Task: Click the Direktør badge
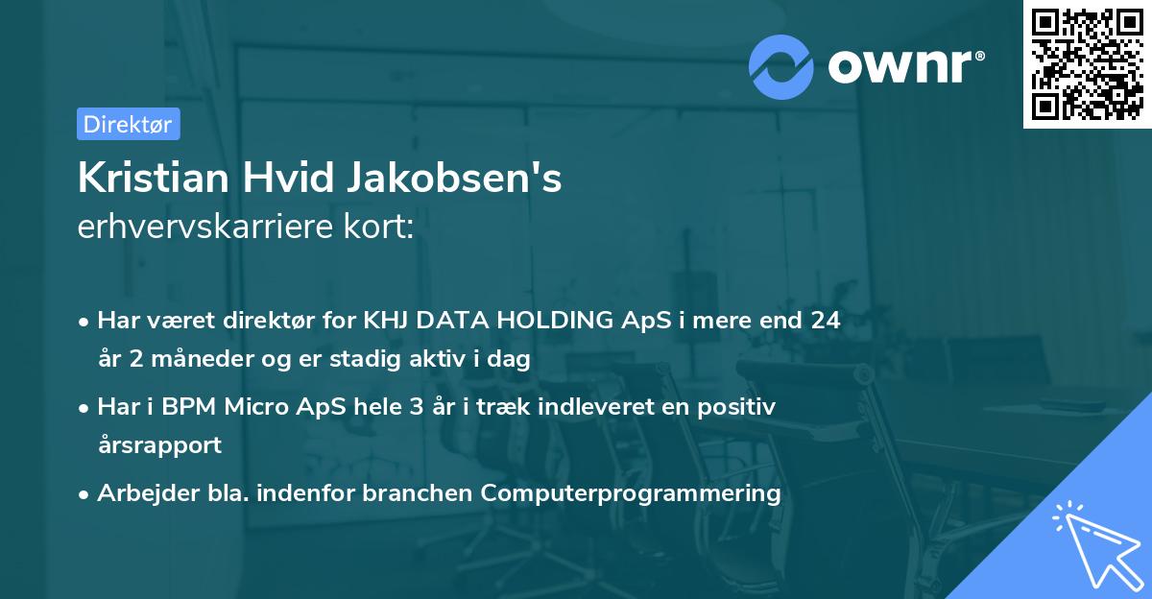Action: (128, 124)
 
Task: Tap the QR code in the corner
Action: (1088, 64)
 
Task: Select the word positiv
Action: (739, 407)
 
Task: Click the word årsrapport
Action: (159, 444)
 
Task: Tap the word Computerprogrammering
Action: (631, 493)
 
